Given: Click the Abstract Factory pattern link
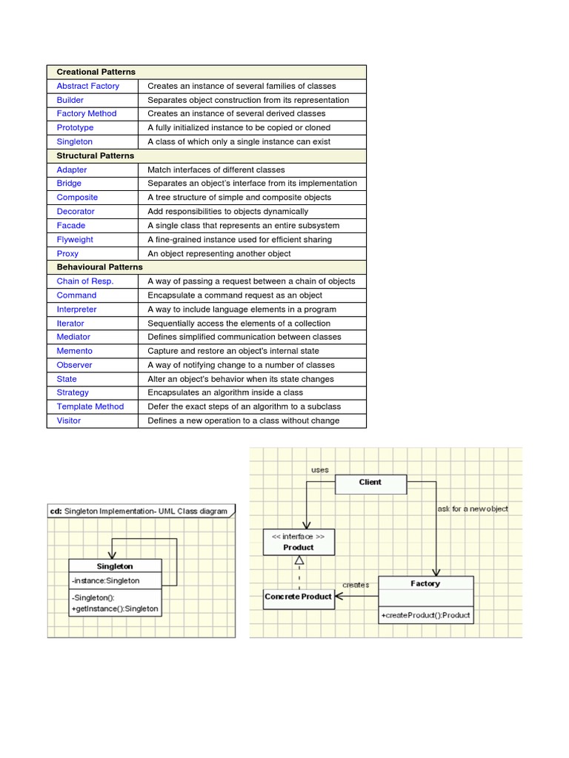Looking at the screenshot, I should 87,86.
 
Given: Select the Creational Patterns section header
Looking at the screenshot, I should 96,72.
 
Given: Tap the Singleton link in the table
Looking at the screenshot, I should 75,141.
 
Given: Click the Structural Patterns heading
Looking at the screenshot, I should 95,155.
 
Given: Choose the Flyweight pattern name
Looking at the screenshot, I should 75,239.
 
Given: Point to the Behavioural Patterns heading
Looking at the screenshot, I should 99,266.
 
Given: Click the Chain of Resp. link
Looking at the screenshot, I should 85,281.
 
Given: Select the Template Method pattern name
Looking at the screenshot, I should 90,406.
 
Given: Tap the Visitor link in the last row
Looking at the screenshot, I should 69,420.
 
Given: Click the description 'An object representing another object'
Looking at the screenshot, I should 219,253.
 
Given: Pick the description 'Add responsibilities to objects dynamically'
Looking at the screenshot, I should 227,211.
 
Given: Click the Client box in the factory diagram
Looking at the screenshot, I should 370,483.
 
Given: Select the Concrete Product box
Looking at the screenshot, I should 299,597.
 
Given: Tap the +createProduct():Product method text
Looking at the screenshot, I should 425,615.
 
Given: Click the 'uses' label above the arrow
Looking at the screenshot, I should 319,470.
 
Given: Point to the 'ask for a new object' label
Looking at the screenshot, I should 473,509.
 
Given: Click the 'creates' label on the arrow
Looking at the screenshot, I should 356,585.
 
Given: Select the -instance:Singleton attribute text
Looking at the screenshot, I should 105,580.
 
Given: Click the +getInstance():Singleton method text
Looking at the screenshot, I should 115,608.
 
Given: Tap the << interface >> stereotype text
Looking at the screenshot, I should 299,536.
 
